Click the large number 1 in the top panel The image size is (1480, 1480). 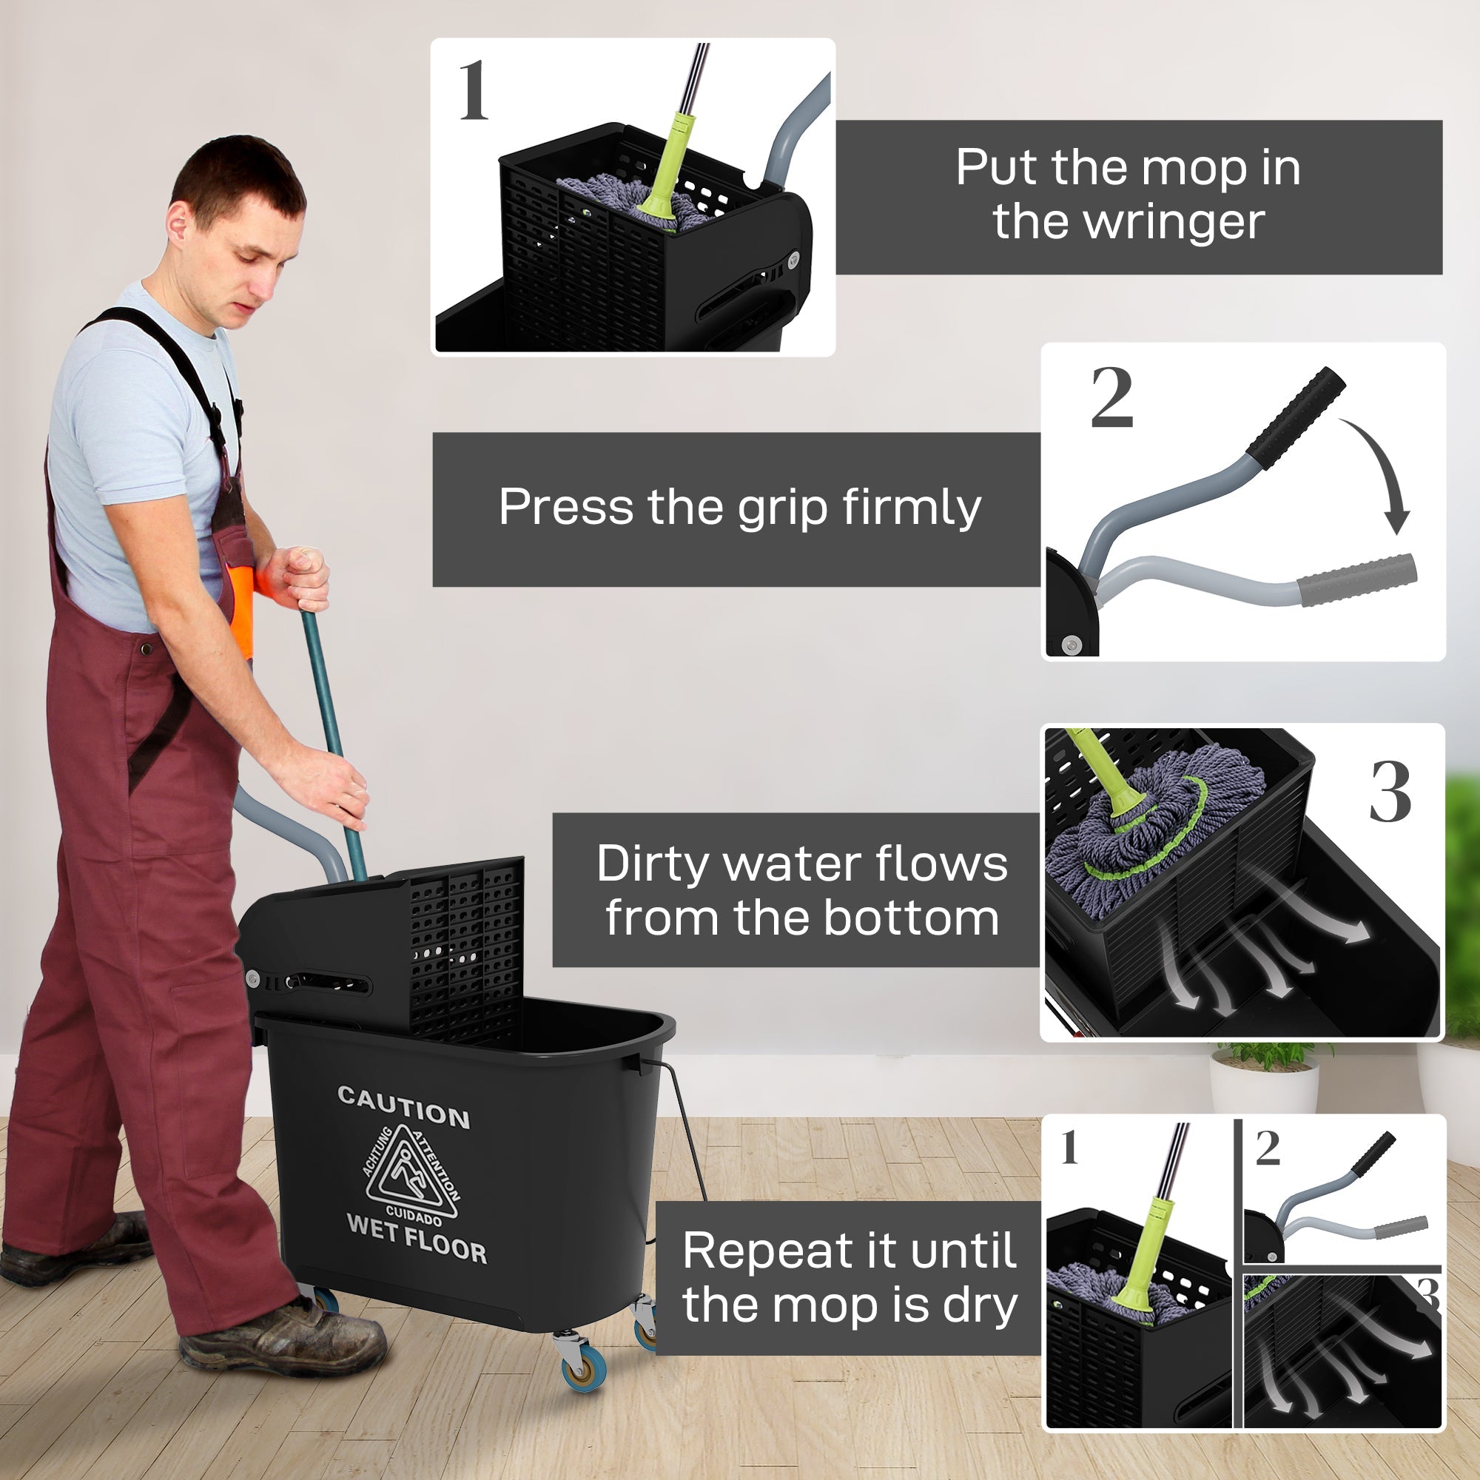(474, 90)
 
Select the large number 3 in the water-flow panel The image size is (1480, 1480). (1390, 793)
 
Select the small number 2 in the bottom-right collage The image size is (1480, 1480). (1268, 1148)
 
